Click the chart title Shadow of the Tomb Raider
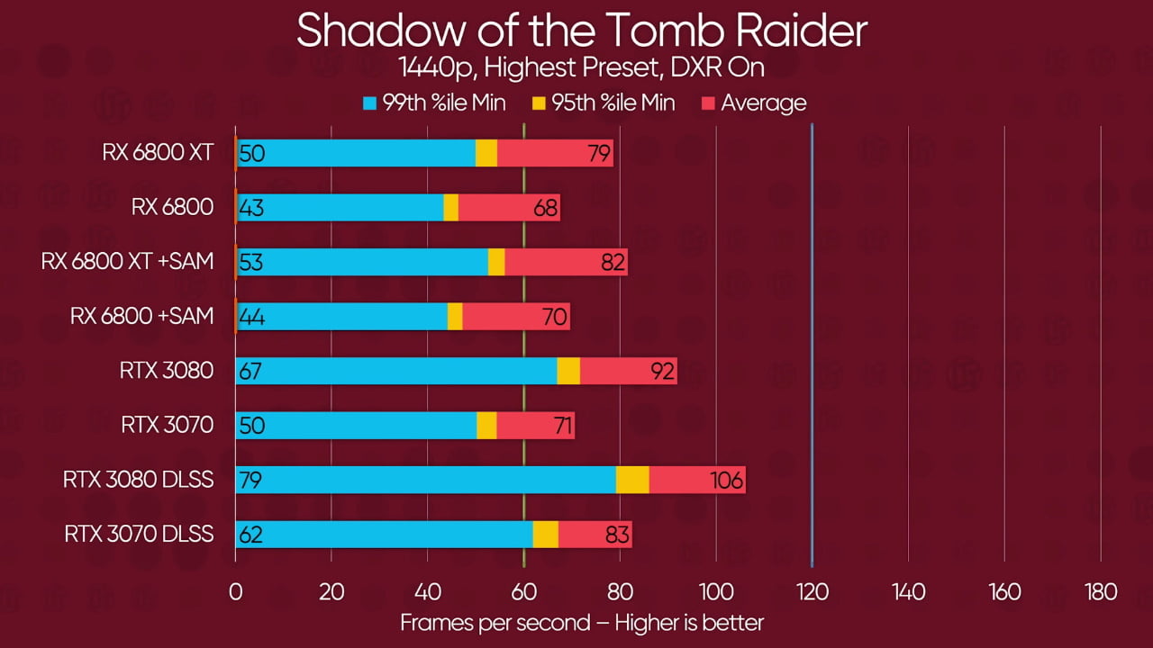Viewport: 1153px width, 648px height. (581, 31)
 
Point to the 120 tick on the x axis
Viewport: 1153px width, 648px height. (813, 592)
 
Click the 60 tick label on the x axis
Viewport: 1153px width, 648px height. (523, 592)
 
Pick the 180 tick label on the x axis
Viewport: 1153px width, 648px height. (1101, 592)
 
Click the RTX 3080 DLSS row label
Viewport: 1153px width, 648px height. (138, 480)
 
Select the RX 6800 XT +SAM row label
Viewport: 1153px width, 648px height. (127, 262)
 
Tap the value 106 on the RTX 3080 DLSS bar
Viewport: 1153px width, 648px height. (727, 481)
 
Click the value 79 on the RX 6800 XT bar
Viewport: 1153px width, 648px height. (599, 153)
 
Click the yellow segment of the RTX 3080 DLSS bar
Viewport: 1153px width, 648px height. (632, 480)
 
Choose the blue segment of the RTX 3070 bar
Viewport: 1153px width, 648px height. (360, 426)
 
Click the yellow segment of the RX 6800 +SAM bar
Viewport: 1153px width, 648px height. (455, 317)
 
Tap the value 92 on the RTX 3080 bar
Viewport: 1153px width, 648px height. (663, 371)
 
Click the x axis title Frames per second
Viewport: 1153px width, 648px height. (581, 622)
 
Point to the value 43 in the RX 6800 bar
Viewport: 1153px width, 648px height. (252, 208)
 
